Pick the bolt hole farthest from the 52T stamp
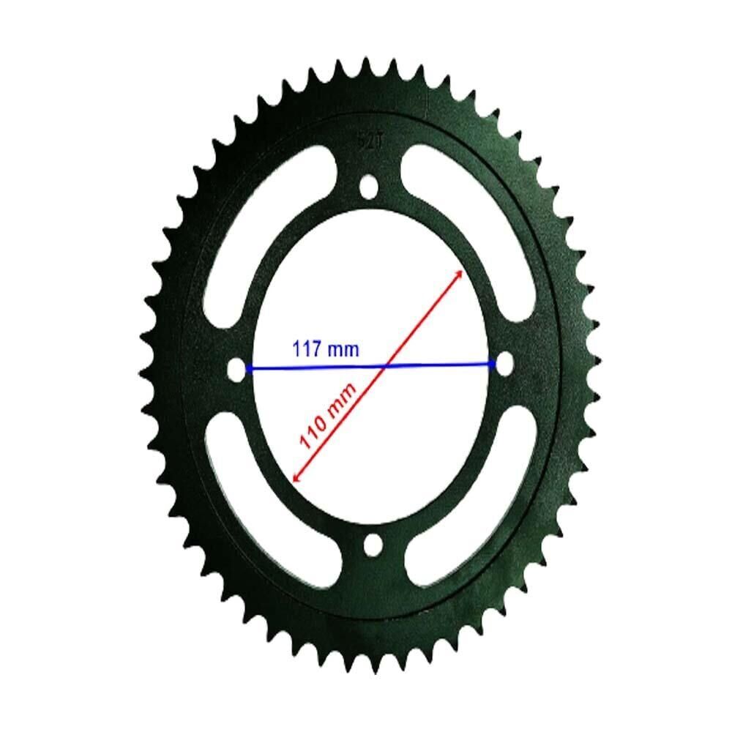click(373, 545)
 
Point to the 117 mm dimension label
click(326, 349)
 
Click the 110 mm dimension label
click(328, 416)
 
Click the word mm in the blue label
click(343, 350)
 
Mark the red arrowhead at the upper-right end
click(459, 274)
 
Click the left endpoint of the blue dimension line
click(248, 369)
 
